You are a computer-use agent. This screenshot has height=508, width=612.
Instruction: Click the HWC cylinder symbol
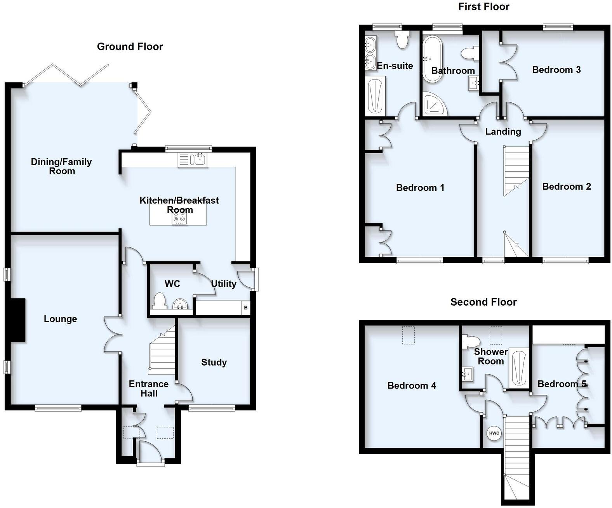[494, 433]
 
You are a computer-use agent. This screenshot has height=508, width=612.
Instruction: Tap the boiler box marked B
[245, 308]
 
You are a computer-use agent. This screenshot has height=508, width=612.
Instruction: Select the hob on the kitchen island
[180, 219]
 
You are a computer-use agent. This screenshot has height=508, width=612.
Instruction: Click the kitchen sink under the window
[200, 159]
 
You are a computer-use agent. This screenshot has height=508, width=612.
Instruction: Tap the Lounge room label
[60, 319]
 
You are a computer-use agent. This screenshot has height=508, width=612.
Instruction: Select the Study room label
[214, 362]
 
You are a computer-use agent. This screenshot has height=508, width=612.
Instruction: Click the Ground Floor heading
[130, 47]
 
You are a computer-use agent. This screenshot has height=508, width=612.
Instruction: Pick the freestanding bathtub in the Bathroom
[432, 59]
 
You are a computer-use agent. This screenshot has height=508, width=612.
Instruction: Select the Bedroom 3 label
[556, 70]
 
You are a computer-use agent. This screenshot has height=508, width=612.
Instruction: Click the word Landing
[503, 131]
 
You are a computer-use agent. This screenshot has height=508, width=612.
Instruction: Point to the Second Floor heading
[483, 302]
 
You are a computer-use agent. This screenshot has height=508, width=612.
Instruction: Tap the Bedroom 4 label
[412, 385]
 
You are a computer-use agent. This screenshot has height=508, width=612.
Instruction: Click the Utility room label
[224, 284]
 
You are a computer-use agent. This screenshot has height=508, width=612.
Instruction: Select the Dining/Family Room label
[61, 166]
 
